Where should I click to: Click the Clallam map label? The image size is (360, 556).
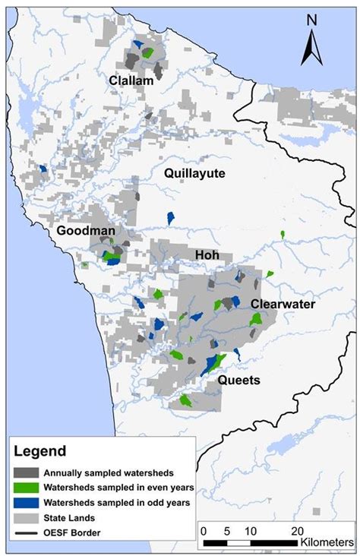[131, 80]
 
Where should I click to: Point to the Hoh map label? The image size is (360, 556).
[206, 255]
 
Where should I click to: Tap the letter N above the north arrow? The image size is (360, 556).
[311, 20]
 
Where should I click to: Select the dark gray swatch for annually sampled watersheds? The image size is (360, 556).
[26, 472]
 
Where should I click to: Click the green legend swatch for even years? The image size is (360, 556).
[26, 487]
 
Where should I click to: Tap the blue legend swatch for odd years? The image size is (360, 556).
[26, 502]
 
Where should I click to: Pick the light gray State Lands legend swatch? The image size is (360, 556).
[26, 517]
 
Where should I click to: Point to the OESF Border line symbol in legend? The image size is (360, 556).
[26, 532]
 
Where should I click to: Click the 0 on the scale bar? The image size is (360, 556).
[204, 530]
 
